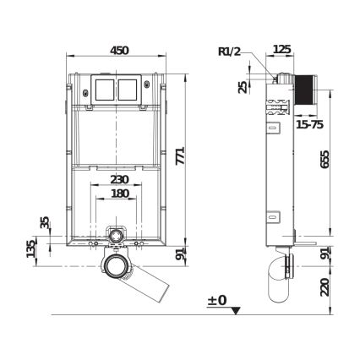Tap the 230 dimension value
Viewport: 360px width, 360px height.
119,179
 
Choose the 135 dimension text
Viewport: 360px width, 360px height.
31,248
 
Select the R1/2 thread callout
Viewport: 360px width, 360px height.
229,52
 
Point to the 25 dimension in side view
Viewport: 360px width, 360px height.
243,87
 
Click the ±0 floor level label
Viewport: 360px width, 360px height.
217,300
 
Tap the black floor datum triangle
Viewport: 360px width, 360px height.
236,310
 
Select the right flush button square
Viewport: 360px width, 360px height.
129,89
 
